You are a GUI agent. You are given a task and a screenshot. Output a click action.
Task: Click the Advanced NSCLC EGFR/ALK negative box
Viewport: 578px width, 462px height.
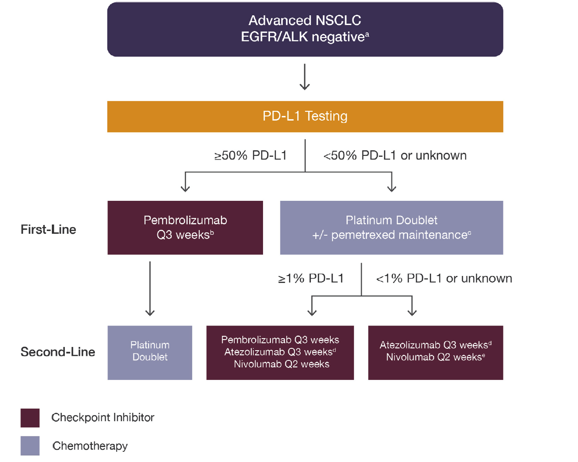click(305, 29)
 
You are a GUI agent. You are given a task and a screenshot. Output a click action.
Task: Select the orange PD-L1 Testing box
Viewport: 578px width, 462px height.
click(305, 116)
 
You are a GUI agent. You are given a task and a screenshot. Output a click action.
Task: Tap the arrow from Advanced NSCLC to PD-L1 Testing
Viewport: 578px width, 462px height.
click(305, 77)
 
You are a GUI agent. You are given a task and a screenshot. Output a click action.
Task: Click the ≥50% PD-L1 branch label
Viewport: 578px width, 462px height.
click(251, 155)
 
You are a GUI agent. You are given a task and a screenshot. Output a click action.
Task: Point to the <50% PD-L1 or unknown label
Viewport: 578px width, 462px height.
click(395, 155)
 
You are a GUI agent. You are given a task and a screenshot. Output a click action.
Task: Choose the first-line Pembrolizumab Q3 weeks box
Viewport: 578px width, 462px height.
click(185, 227)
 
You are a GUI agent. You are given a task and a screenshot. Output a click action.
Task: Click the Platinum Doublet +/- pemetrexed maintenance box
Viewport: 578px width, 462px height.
click(391, 227)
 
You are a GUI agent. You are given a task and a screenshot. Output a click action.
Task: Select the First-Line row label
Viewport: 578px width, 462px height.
click(49, 230)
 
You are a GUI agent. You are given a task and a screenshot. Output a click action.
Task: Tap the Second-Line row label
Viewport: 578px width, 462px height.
click(58, 352)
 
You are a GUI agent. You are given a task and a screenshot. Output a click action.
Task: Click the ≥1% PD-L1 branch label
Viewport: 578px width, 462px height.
click(311, 278)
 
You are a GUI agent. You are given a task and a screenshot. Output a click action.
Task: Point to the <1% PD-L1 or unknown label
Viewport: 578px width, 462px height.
click(444, 278)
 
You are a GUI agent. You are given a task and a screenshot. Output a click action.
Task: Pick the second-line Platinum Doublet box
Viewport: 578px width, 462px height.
click(150, 353)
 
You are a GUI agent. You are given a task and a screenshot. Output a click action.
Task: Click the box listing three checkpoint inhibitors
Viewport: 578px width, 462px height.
click(280, 353)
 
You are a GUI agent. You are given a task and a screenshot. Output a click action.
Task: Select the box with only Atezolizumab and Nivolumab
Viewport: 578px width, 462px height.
click(435, 353)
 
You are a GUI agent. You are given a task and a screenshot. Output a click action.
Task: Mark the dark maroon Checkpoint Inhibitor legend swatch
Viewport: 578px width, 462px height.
click(30, 417)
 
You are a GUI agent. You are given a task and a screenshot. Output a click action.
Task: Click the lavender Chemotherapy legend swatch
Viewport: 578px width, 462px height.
click(30, 445)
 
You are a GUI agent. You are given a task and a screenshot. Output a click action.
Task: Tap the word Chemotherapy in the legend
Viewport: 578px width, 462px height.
click(90, 446)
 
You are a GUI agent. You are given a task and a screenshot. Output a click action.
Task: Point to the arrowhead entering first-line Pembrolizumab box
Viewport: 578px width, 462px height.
click(185, 188)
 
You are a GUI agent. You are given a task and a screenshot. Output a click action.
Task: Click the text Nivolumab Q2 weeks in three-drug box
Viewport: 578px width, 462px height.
click(282, 364)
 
